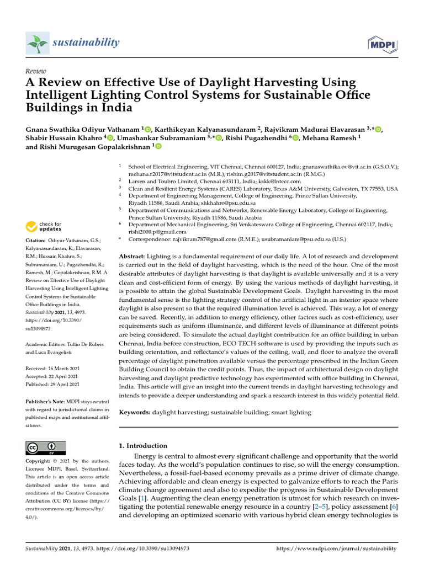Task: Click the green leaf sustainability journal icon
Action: tap(37, 42)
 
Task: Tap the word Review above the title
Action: tap(36, 71)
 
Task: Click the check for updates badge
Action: tap(44, 226)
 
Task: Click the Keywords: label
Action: tap(135, 412)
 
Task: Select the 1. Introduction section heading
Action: tap(143, 445)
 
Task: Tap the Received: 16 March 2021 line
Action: tap(53, 368)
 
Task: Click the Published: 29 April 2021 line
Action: tap(53, 384)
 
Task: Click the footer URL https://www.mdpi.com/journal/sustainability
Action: tap(336, 549)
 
